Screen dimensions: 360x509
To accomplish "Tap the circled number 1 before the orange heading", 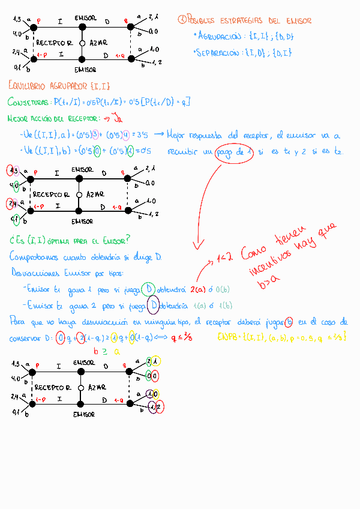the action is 182,20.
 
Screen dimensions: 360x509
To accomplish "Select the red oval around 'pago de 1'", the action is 235,152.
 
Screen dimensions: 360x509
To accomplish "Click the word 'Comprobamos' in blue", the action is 35,257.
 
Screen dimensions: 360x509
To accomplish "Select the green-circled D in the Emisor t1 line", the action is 147,289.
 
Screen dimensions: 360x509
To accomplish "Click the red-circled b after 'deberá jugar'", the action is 289,322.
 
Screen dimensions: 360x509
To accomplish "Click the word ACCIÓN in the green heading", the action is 48,118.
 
